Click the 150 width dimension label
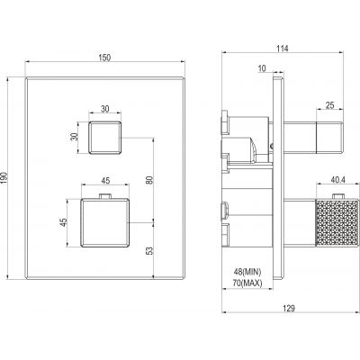point(104,58)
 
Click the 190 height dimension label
point(4,178)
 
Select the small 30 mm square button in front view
point(104,138)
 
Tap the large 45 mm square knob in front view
point(104,222)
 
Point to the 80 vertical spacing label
point(149,180)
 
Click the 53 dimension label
point(149,251)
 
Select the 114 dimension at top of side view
point(283,49)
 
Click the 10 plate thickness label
point(262,68)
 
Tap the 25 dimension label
point(329,105)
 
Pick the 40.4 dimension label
point(338,180)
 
